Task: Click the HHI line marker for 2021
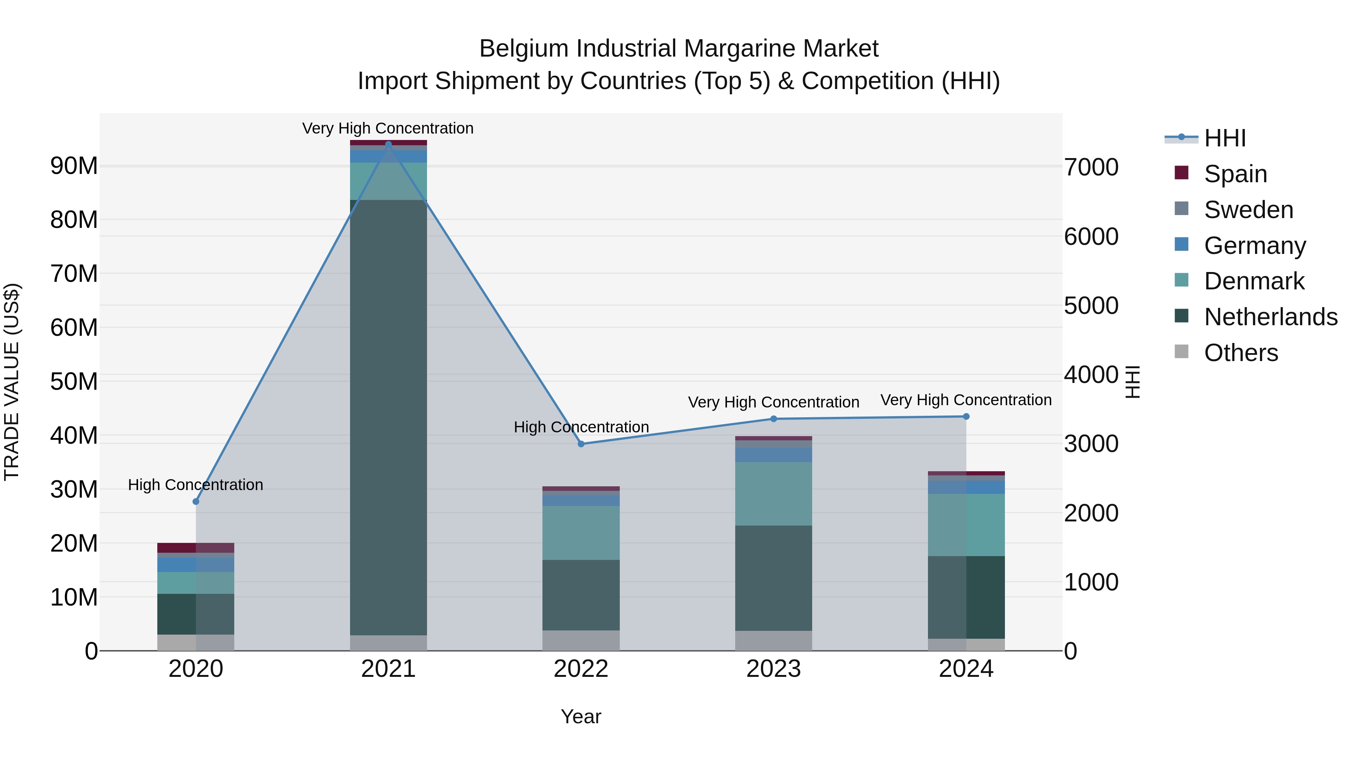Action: point(389,144)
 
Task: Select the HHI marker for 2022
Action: point(581,444)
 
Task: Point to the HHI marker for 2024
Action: point(966,417)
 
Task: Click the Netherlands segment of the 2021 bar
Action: point(389,417)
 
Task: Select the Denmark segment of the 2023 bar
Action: point(773,493)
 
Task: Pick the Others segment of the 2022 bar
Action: point(581,640)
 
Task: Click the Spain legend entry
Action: point(1235,174)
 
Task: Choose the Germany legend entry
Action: point(1255,246)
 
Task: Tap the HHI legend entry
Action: point(1224,138)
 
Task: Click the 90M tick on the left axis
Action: point(74,166)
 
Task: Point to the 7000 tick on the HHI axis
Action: point(1091,167)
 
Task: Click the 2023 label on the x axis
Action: point(773,669)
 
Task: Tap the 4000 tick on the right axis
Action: point(1091,375)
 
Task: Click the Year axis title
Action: point(581,716)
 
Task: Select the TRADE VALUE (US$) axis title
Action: point(12,382)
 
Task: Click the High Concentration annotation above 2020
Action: point(195,484)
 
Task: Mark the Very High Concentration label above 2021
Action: point(388,128)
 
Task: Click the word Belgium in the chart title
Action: point(525,49)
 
